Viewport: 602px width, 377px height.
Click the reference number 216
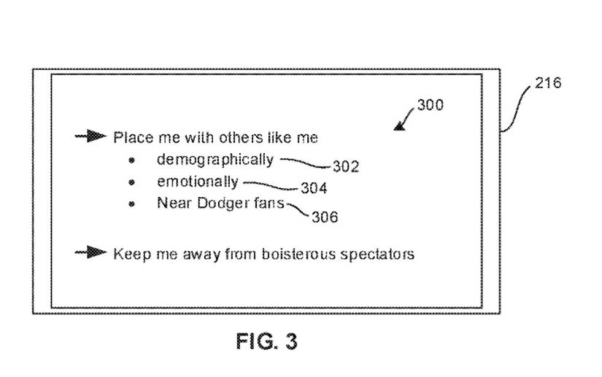pos(548,83)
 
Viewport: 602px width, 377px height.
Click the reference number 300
pos(430,105)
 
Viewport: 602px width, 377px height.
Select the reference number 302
pos(346,167)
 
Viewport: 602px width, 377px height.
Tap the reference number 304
pos(314,189)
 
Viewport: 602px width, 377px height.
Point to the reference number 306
pos(325,217)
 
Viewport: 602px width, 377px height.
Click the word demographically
pos(215,160)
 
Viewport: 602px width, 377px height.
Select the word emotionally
pos(197,182)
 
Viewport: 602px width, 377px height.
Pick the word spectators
pos(377,254)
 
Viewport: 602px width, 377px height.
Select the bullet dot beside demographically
pos(131,160)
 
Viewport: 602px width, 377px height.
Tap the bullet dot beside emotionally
pos(131,182)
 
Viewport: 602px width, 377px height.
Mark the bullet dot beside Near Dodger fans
pos(131,204)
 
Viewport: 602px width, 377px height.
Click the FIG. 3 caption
pos(267,341)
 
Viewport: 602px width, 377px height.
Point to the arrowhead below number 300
pos(400,126)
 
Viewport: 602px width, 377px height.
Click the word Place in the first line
pos(129,137)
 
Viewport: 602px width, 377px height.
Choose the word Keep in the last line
pos(128,254)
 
